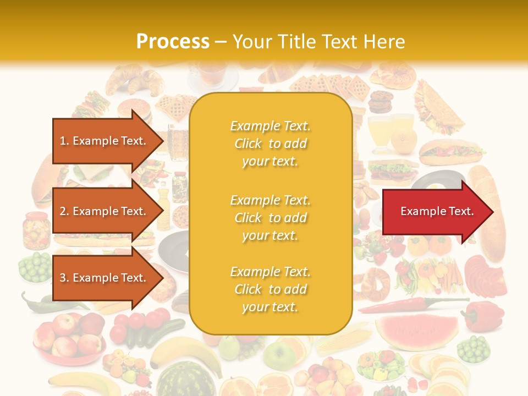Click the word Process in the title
[173, 42]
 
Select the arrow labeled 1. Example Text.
[105, 141]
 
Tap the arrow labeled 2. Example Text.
[105, 211]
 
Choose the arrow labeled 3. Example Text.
[105, 278]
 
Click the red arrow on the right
[437, 212]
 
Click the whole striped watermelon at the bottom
[179, 380]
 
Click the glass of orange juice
[380, 132]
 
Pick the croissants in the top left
[132, 80]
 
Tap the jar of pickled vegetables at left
[37, 228]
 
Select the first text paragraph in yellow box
[270, 144]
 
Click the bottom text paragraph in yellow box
[270, 289]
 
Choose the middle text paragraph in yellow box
[270, 218]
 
